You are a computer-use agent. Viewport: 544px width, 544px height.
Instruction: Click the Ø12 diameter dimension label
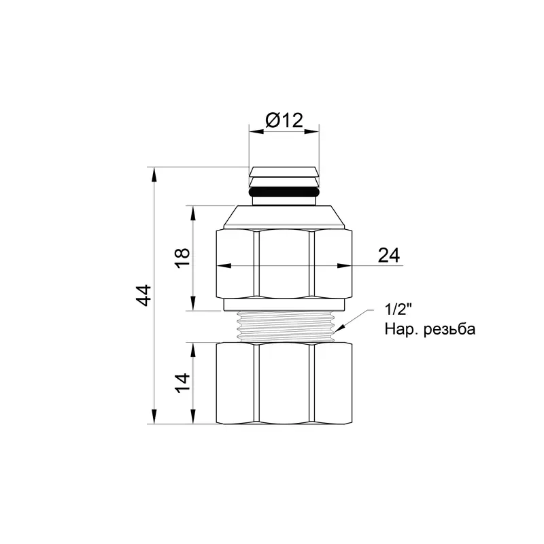(284, 120)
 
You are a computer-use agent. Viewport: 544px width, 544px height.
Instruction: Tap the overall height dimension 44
(143, 295)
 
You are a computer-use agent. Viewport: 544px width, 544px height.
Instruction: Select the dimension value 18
(182, 258)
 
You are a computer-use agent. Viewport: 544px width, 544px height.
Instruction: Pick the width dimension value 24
(388, 256)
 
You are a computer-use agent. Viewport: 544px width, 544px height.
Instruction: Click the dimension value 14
(182, 383)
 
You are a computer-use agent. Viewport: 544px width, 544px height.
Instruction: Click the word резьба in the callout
(449, 329)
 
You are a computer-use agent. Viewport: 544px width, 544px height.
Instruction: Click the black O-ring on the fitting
(284, 191)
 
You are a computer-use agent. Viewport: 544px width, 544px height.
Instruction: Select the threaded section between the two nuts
(284, 326)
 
